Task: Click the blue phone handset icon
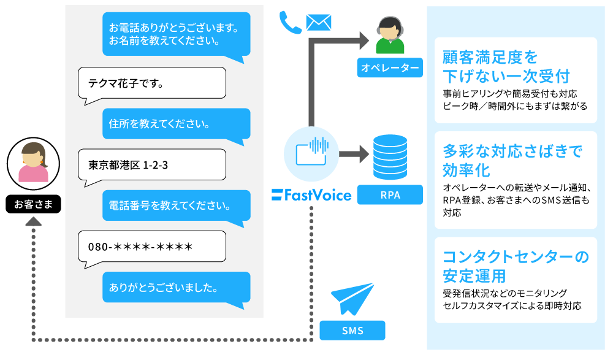click(x=289, y=22)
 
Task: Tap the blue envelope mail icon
click(x=318, y=22)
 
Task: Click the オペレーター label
click(x=390, y=67)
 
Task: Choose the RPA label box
click(x=390, y=195)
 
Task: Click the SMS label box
click(x=352, y=331)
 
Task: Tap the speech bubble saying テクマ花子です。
click(x=152, y=83)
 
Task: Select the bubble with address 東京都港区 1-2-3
click(x=152, y=164)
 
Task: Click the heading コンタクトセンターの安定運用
click(x=515, y=264)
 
